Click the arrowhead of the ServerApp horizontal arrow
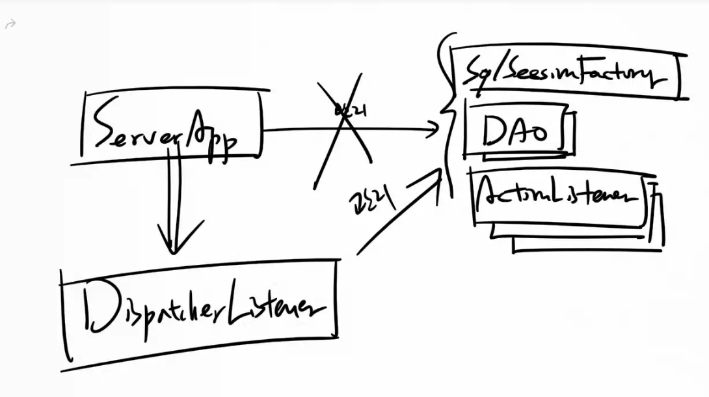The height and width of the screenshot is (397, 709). click(x=435, y=130)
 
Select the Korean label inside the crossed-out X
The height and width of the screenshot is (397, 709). click(x=350, y=112)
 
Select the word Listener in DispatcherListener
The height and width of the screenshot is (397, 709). click(x=273, y=311)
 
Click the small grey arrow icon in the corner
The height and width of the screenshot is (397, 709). click(x=10, y=25)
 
